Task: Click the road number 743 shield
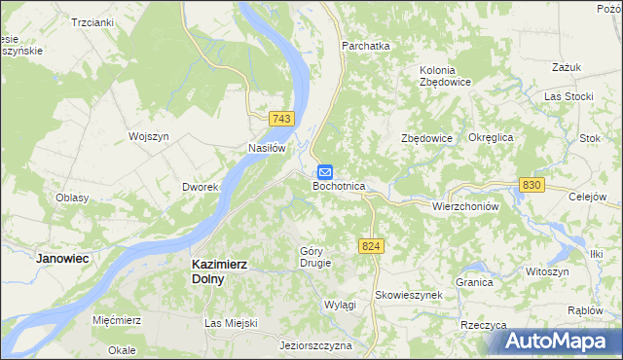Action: pos(281,118)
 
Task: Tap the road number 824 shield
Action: pos(369,247)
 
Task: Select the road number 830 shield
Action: pos(531,184)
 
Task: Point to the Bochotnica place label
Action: pos(339,185)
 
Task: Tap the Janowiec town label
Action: pos(62,259)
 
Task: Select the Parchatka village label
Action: pos(365,46)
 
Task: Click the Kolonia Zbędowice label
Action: pos(446,76)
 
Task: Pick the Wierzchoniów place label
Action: pos(465,206)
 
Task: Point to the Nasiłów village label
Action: pos(266,148)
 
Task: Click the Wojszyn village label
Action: pos(150,137)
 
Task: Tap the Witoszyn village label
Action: pos(547,270)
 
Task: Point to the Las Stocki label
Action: pos(568,97)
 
